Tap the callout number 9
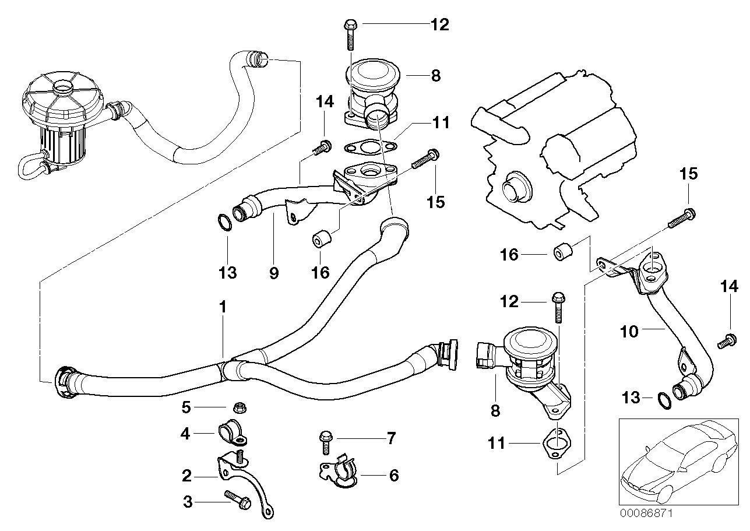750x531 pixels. (x=274, y=272)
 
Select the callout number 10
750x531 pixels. (x=629, y=332)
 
